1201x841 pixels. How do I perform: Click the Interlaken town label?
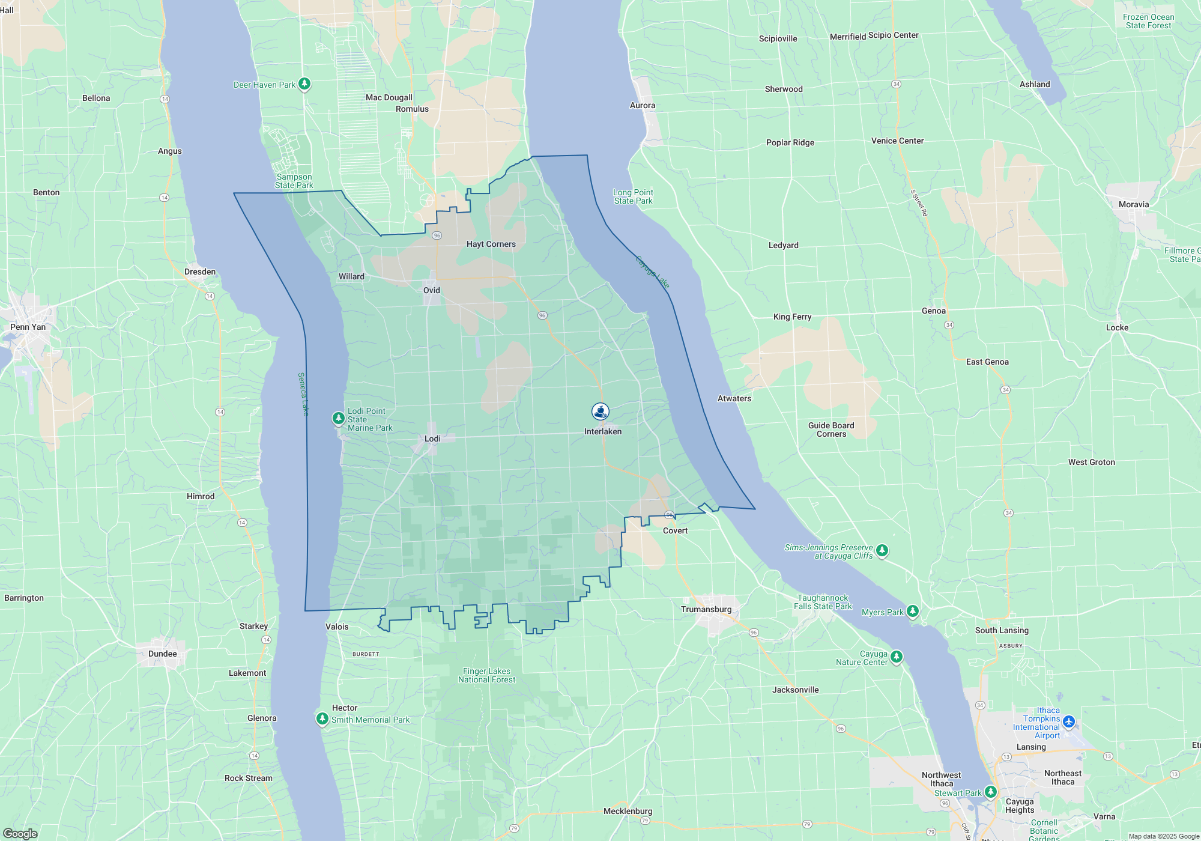pos(603,431)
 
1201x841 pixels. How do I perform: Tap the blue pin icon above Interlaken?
pos(600,411)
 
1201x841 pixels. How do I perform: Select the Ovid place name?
pos(432,290)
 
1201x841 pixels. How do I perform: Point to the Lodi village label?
pos(432,439)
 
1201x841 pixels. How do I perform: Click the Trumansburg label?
pos(706,609)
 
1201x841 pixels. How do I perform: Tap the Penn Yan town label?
pos(28,327)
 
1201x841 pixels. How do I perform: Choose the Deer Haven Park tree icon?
pos(304,83)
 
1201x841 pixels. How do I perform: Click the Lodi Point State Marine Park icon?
pos(339,417)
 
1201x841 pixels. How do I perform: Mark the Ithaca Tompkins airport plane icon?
pos(1068,721)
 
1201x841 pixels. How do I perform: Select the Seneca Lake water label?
pos(303,394)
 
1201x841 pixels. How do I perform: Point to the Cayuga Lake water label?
pos(652,272)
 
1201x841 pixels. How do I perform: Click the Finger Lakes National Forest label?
pos(486,675)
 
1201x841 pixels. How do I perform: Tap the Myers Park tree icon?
pos(913,611)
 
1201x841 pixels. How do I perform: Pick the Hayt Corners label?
pos(491,244)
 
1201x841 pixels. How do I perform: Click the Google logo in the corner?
pos(20,834)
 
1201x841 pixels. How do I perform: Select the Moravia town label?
pos(1134,204)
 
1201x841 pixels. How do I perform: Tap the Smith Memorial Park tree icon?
pos(322,718)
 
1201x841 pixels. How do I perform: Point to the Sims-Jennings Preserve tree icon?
pos(882,550)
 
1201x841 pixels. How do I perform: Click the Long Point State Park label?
pos(633,196)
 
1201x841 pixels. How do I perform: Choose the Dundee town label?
pos(163,654)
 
